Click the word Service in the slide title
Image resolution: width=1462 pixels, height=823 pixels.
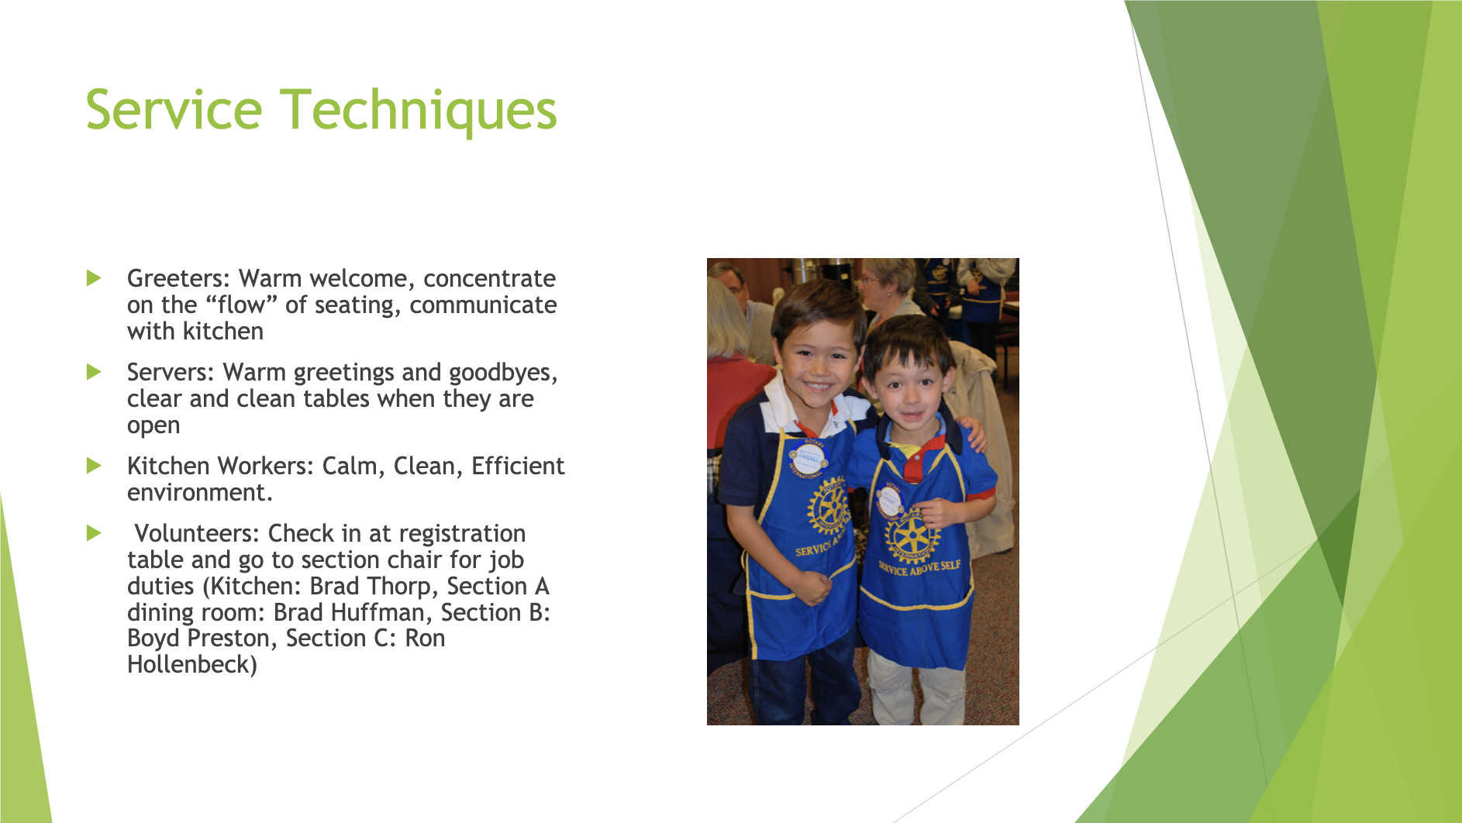(x=174, y=110)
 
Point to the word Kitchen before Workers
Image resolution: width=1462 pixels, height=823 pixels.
(x=168, y=466)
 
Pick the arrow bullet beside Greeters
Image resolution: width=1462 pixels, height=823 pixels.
(x=94, y=278)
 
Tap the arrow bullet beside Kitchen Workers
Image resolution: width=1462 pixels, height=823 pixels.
(x=94, y=466)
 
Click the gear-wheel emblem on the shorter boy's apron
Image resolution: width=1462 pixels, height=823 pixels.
(x=912, y=534)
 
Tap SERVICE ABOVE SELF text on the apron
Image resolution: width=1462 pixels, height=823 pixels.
(x=919, y=567)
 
